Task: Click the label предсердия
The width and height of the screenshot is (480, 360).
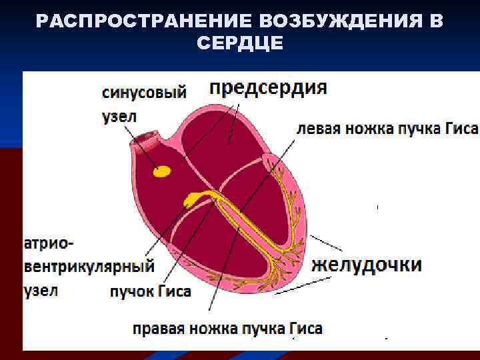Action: pyautogui.click(x=268, y=89)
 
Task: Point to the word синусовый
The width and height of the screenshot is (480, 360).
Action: pyautogui.click(x=144, y=93)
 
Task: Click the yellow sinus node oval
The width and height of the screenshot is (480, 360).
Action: pyautogui.click(x=162, y=172)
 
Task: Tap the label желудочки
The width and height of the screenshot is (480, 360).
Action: pyautogui.click(x=367, y=265)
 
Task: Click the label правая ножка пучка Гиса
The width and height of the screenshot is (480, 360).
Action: pyautogui.click(x=227, y=328)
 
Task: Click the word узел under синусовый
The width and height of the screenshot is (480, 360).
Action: pyautogui.click(x=119, y=116)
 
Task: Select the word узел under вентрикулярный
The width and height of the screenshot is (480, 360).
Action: pyautogui.click(x=41, y=291)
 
